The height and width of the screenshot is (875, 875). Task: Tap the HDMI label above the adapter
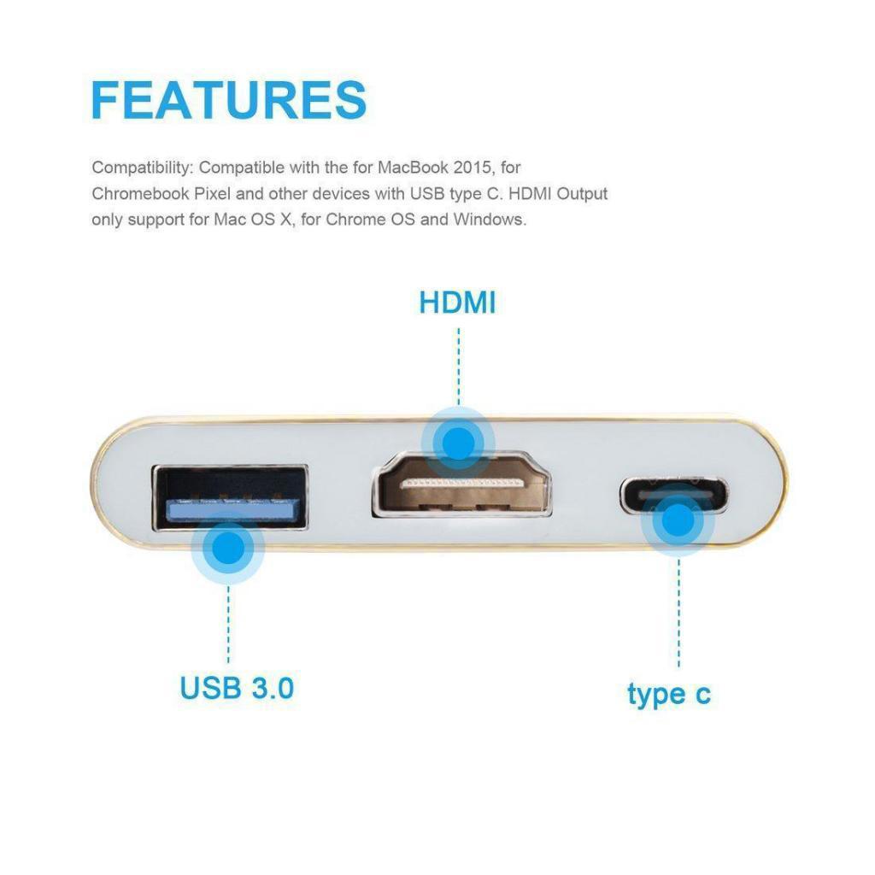tap(457, 302)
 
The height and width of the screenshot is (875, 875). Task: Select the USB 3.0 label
tap(237, 687)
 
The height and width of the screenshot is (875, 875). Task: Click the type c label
tap(668, 693)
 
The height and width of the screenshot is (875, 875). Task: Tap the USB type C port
tap(674, 495)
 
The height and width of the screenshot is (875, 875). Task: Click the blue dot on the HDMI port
tap(458, 442)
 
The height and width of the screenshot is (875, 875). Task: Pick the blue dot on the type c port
tap(678, 521)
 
